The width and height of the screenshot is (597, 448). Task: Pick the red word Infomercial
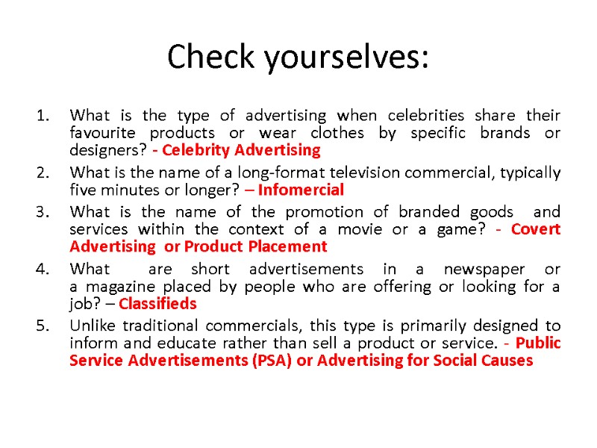coord(307,190)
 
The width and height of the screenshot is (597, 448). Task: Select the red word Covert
coord(535,229)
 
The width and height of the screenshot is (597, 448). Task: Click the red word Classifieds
coord(157,304)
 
